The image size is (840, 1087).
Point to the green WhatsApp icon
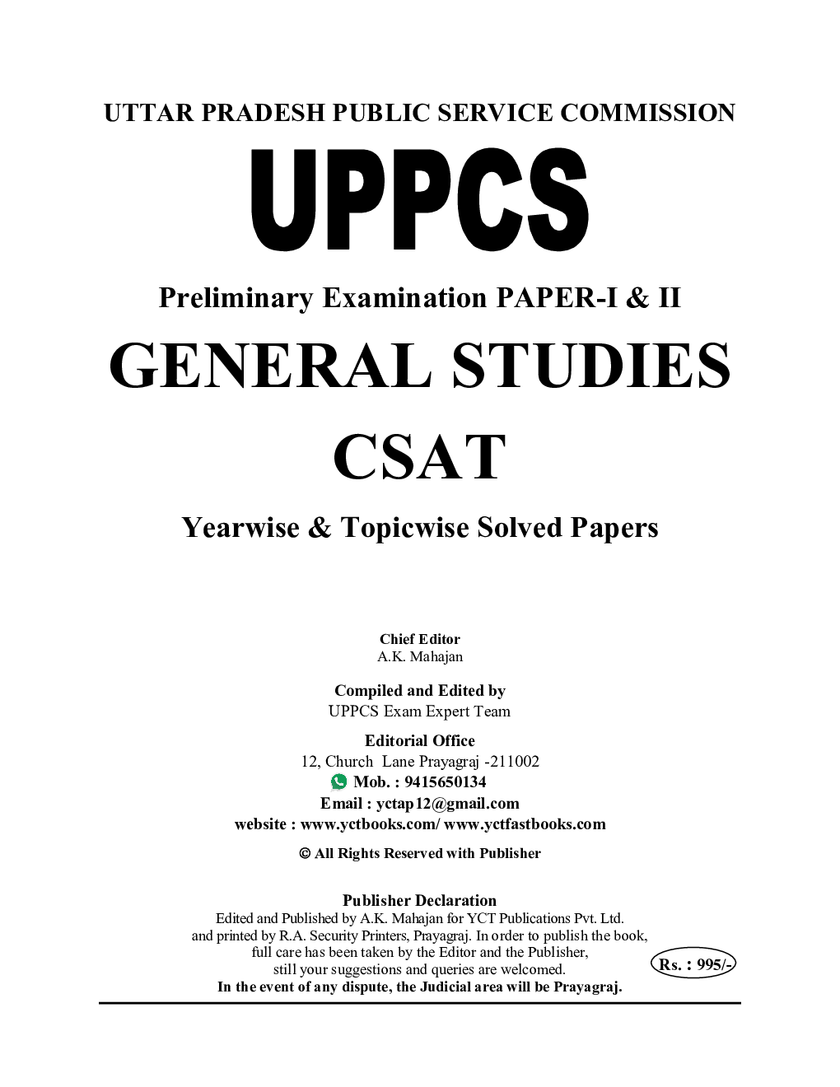coord(338,781)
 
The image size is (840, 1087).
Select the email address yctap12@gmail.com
coord(447,803)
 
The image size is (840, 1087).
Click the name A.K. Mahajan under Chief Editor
coord(419,656)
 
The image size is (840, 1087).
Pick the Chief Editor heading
coord(419,638)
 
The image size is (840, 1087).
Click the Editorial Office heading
coord(419,740)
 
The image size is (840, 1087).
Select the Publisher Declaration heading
coord(419,900)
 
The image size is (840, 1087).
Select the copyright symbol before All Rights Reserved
coord(304,854)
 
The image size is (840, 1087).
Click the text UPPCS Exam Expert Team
coord(419,711)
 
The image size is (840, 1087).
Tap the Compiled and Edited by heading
coord(419,690)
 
